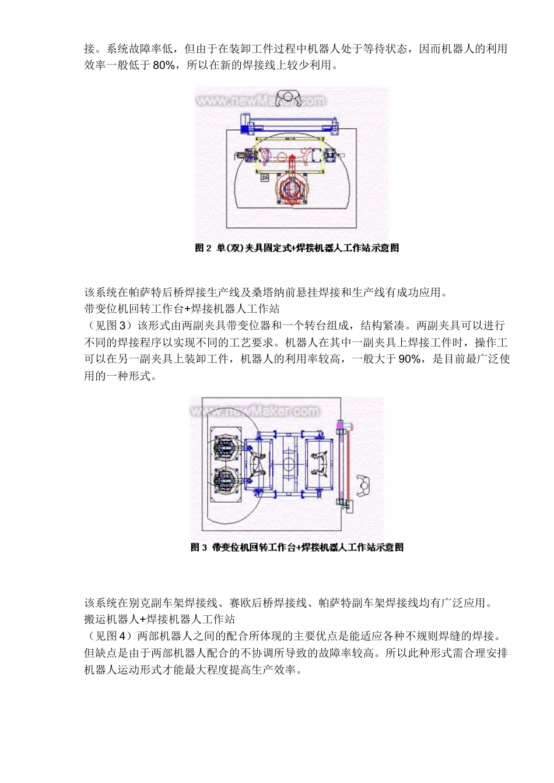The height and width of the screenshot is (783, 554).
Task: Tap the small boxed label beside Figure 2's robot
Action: (x=265, y=177)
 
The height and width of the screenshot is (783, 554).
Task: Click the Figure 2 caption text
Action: (x=297, y=248)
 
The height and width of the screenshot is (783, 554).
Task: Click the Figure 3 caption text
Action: (x=297, y=548)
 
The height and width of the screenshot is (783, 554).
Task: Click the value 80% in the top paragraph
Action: (x=164, y=65)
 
